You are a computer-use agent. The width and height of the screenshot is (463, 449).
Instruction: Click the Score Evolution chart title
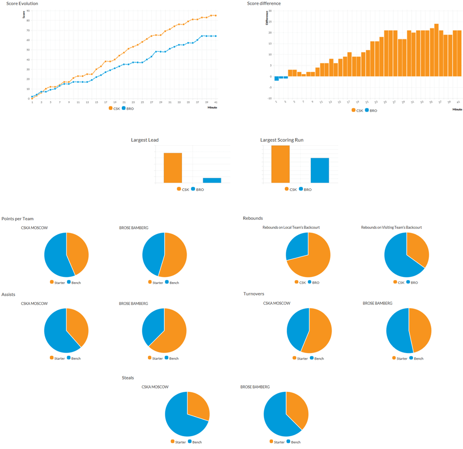tap(22, 4)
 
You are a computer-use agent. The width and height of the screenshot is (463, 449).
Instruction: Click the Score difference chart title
tap(264, 4)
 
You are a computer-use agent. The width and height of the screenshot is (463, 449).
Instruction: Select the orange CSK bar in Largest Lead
tap(172, 168)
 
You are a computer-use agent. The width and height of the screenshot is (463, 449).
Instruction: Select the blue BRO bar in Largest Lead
tap(212, 180)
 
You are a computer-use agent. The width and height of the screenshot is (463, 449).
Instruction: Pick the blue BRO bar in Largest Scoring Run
tap(319, 170)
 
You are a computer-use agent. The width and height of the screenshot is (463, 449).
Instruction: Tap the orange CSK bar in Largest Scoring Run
tap(280, 164)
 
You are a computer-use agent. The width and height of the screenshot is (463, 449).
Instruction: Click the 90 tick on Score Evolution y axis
tap(28, 10)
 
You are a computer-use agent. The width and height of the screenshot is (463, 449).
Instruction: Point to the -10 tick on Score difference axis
tap(270, 98)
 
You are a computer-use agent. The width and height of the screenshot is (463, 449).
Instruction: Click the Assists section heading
tap(9, 294)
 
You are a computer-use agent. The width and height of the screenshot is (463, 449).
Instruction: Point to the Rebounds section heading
tap(253, 218)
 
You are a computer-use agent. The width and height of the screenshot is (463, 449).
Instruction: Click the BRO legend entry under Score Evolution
tap(128, 108)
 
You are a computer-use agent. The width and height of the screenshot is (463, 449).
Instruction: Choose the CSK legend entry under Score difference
tap(358, 111)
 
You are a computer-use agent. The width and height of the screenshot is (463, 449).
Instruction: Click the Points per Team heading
tap(17, 218)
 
